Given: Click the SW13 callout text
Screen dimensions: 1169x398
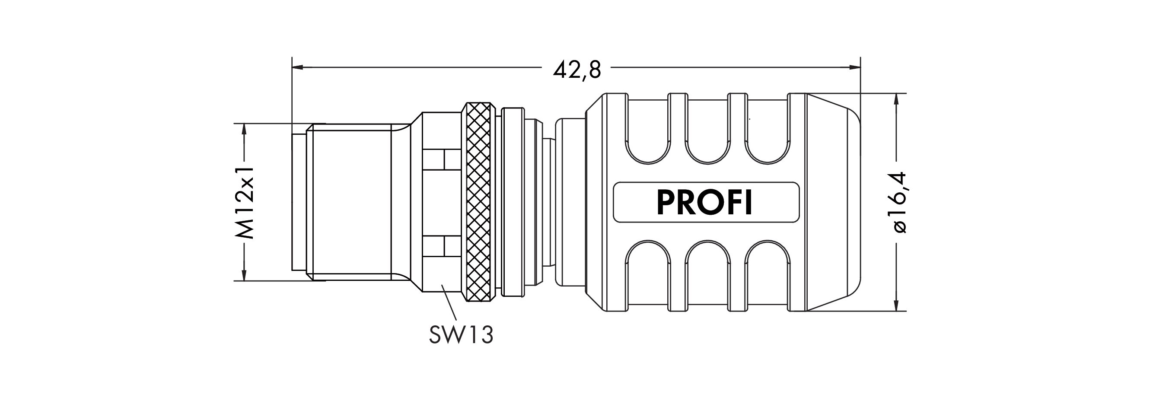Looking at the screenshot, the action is (x=461, y=335).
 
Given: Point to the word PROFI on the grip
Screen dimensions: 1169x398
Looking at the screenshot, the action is (x=705, y=202).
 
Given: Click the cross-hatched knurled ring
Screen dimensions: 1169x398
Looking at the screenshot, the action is (x=478, y=202).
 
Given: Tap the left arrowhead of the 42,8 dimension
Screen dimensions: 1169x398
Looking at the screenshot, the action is (x=298, y=67).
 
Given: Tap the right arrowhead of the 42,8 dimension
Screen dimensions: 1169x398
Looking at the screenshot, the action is (x=854, y=67).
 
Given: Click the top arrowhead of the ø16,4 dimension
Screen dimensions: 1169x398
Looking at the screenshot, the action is (x=896, y=99).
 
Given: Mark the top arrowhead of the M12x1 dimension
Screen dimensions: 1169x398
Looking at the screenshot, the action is (x=244, y=129).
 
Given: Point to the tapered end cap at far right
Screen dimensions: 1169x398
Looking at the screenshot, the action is (x=833, y=202).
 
